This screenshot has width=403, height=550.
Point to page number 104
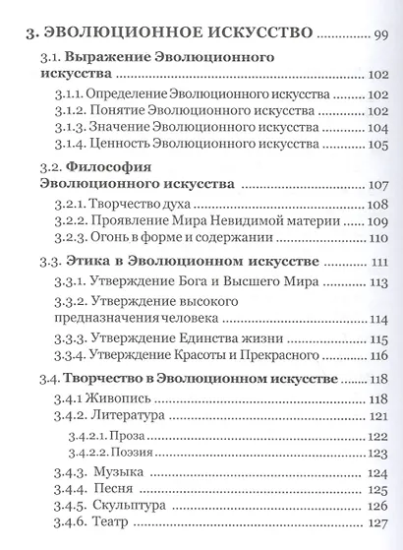point(379,130)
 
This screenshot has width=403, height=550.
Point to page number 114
point(379,319)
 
